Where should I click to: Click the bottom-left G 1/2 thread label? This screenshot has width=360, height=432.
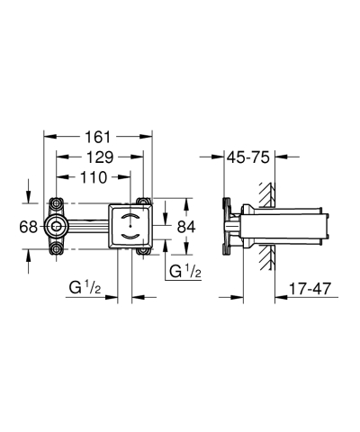point(91,288)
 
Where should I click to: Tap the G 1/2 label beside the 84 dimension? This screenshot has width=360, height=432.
point(184,269)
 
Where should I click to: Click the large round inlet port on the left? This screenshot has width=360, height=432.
point(58,225)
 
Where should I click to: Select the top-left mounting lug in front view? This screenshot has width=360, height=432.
point(57,202)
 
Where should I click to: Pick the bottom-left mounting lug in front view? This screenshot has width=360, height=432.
point(57,248)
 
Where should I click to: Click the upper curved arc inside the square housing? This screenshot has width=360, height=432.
point(131,217)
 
